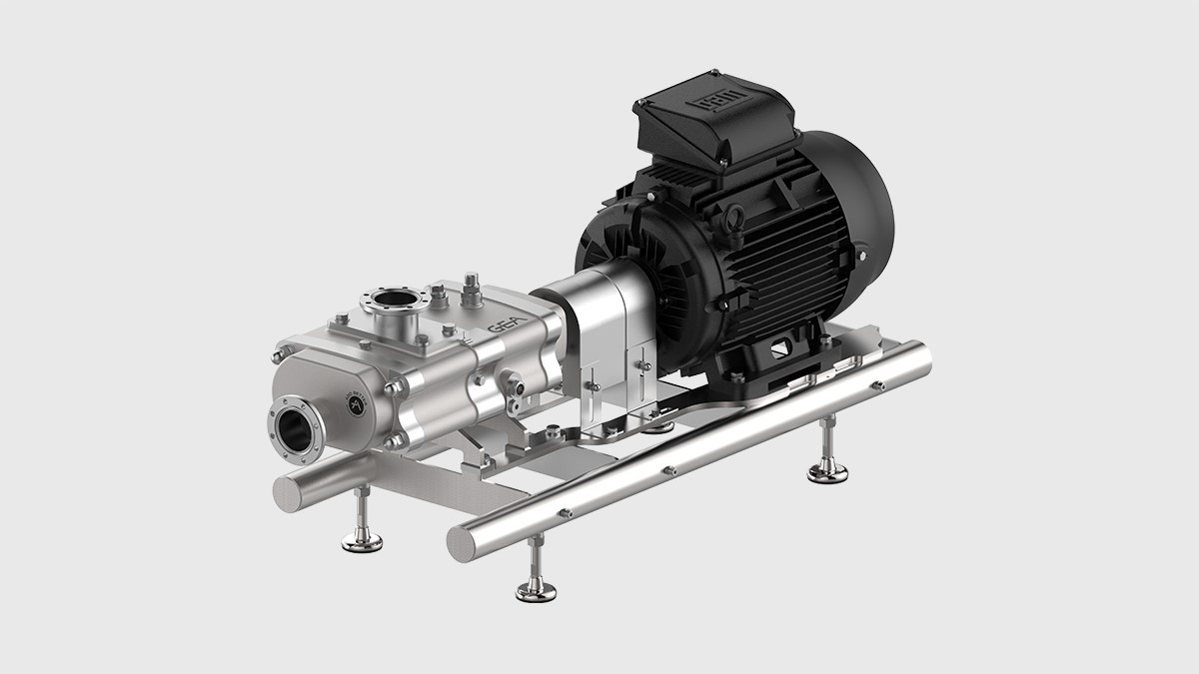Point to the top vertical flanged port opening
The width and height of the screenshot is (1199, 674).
click(x=392, y=299)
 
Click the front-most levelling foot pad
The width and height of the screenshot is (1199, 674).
click(x=536, y=591)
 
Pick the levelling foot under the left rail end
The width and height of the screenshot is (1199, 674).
click(x=362, y=541)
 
